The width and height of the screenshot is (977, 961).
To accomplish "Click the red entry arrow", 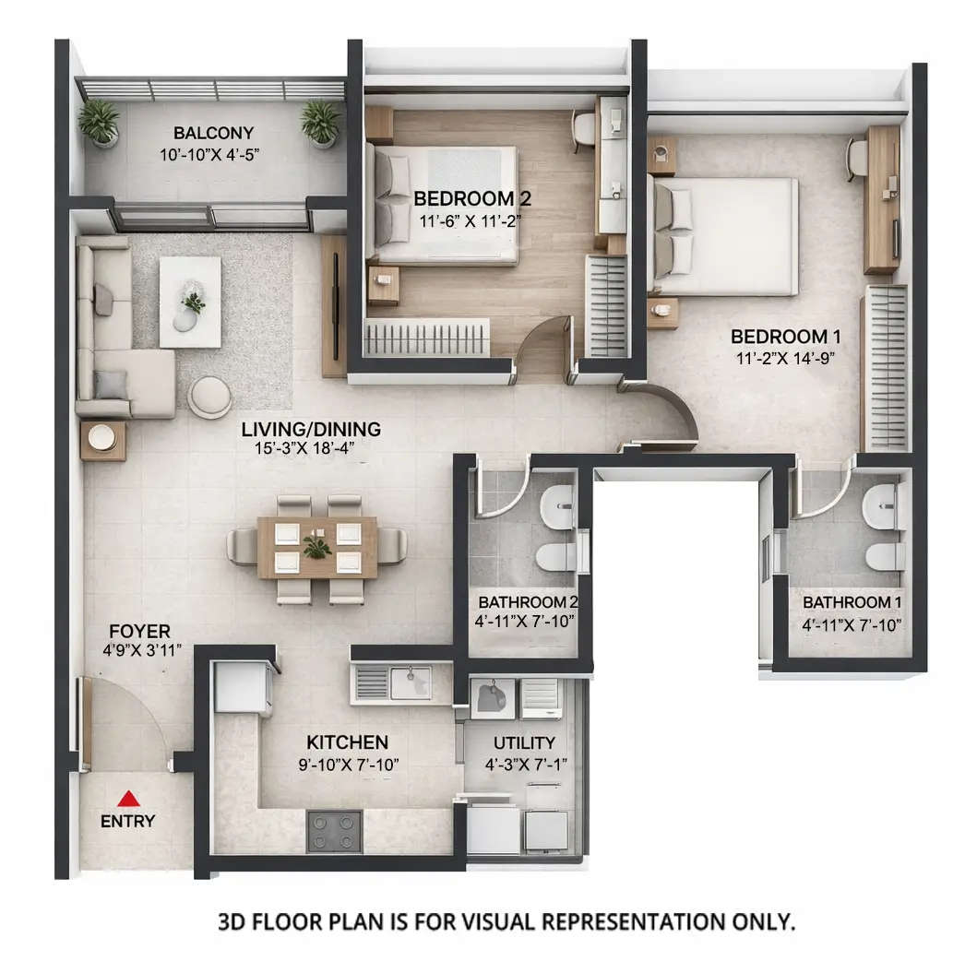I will (129, 799).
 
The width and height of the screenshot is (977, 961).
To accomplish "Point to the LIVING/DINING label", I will (311, 429).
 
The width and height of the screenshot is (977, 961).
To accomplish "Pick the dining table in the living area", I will (316, 547).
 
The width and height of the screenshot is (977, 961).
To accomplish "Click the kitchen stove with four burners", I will (334, 831).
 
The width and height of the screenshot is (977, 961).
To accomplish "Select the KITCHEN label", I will (347, 742).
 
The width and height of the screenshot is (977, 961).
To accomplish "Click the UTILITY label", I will (524, 742).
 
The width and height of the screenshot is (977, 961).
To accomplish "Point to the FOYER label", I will (139, 632).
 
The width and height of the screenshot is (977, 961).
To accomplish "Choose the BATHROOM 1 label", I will (851, 602).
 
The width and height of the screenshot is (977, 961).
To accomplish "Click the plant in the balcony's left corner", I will (100, 122).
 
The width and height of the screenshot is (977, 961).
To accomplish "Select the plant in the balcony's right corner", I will (321, 122).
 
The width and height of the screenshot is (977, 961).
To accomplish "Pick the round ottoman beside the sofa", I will (210, 397).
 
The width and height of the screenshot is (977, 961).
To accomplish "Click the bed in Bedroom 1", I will (726, 236).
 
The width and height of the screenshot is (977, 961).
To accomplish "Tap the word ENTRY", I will (128, 822).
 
